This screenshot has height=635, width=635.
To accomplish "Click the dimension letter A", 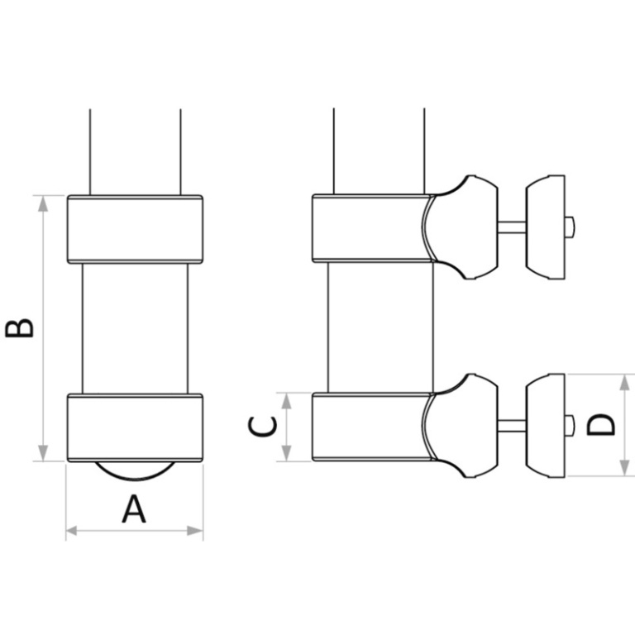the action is click(x=134, y=509).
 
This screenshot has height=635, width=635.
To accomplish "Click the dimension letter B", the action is click(x=19, y=328).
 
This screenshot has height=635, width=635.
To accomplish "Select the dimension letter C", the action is click(x=262, y=427).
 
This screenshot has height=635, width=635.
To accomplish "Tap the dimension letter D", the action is click(x=600, y=424).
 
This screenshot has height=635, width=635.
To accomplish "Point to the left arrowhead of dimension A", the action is click(x=71, y=531).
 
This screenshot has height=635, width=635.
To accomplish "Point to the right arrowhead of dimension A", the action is click(x=195, y=531).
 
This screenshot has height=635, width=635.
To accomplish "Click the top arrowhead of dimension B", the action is click(x=43, y=203).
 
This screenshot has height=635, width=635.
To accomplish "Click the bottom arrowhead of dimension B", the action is click(x=43, y=453).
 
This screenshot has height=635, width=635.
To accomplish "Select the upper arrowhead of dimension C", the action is click(x=286, y=400).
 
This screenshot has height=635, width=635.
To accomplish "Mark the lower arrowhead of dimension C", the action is click(x=286, y=453).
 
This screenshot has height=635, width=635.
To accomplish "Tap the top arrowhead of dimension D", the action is click(x=625, y=382).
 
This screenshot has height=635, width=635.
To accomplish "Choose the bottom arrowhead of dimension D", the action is click(x=625, y=468).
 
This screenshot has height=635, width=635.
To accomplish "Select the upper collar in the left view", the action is click(x=136, y=229).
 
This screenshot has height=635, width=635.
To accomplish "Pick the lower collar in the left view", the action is click(x=136, y=427).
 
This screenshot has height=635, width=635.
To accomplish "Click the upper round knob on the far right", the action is click(x=546, y=227).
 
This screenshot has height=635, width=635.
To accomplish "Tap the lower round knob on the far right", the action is click(x=546, y=426).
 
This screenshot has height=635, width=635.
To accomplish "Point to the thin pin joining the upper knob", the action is click(x=512, y=227).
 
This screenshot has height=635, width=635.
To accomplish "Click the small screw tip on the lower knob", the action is click(x=570, y=426).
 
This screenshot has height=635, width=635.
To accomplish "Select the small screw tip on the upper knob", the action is click(x=570, y=227).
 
